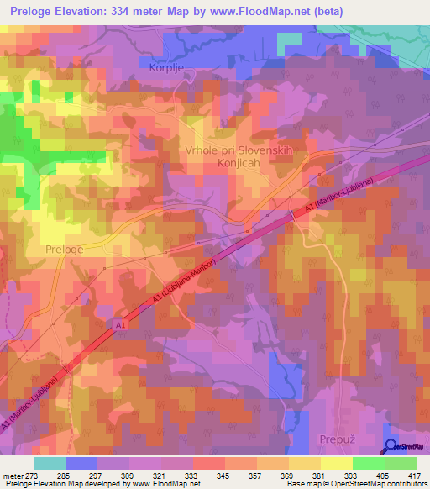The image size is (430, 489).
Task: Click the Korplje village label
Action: pyautogui.click(x=165, y=68)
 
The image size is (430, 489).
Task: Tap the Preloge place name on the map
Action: pyautogui.click(x=64, y=250)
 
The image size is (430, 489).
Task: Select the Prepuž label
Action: pyautogui.click(x=339, y=439)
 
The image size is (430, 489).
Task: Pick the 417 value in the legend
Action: pyautogui.click(x=414, y=476)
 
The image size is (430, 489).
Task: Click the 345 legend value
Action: pyautogui.click(x=223, y=476)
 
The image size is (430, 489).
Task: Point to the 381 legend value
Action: pyautogui.click(x=318, y=476)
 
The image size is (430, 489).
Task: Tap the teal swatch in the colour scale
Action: pyautogui.click(x=50, y=463)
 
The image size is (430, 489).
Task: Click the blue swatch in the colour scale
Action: pyautogui.click(x=81, y=463)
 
